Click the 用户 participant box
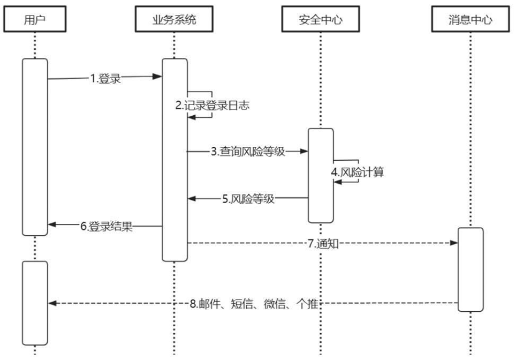[x=35, y=20]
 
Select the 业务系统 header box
[x=174, y=20]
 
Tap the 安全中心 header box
[x=320, y=20]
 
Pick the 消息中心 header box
[x=471, y=20]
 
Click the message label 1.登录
[x=105, y=79]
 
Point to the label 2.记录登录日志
[x=213, y=106]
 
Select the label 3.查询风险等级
[x=248, y=152]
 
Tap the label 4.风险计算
[x=357, y=173]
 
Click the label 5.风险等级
[x=248, y=199]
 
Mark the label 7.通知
[x=323, y=244]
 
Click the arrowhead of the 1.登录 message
[x=159, y=77]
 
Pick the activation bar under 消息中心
[x=471, y=269]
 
